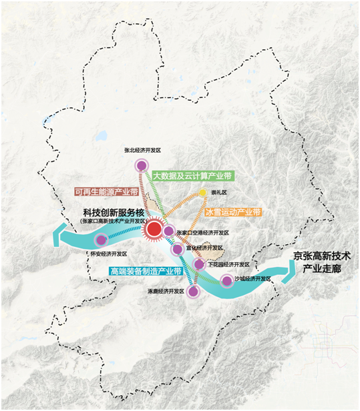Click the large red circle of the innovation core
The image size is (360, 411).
(153, 230)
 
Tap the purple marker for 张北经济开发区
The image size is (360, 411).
(141, 165)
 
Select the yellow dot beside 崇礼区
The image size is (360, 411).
(202, 193)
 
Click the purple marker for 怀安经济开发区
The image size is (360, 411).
(101, 240)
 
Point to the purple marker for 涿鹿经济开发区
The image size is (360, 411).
(194, 291)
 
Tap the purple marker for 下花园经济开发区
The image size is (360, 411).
(199, 265)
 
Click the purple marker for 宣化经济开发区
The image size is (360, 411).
(177, 250)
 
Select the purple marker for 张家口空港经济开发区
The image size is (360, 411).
(168, 231)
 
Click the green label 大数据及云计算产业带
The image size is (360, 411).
(192, 176)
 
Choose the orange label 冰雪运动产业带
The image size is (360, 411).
(233, 213)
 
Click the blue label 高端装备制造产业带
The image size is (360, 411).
(146, 271)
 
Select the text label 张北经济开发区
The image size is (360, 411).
(144, 151)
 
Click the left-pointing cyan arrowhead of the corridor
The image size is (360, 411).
(59, 235)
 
